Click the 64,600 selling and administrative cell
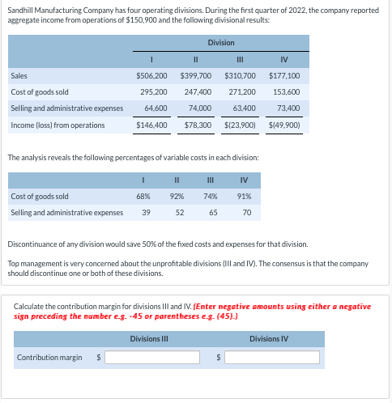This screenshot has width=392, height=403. [x=156, y=108]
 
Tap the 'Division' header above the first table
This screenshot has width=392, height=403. [x=220, y=42]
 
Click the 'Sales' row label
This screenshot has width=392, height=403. [x=19, y=75]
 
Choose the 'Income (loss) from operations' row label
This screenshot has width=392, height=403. [x=58, y=125]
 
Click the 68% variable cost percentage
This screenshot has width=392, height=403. [x=144, y=196]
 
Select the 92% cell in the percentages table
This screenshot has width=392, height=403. [x=177, y=196]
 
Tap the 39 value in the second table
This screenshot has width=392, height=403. [x=146, y=213]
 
